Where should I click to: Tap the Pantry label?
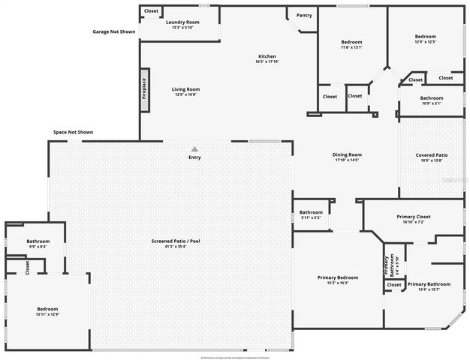point(304,15)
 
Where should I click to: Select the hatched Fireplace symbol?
point(145,91)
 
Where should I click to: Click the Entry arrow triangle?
point(194,149)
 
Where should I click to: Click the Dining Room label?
point(347,157)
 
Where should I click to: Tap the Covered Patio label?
point(432,157)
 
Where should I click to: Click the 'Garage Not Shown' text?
point(114,32)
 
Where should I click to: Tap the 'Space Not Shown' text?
point(73,132)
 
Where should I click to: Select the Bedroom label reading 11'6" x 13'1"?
point(351,44)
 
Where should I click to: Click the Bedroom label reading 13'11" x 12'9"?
point(48,311)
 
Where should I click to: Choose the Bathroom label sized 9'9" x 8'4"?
point(38,243)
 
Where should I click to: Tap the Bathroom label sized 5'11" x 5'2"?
point(311,214)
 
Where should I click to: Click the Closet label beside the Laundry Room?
point(151,10)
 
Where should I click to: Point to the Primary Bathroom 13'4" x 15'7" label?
point(429,286)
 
